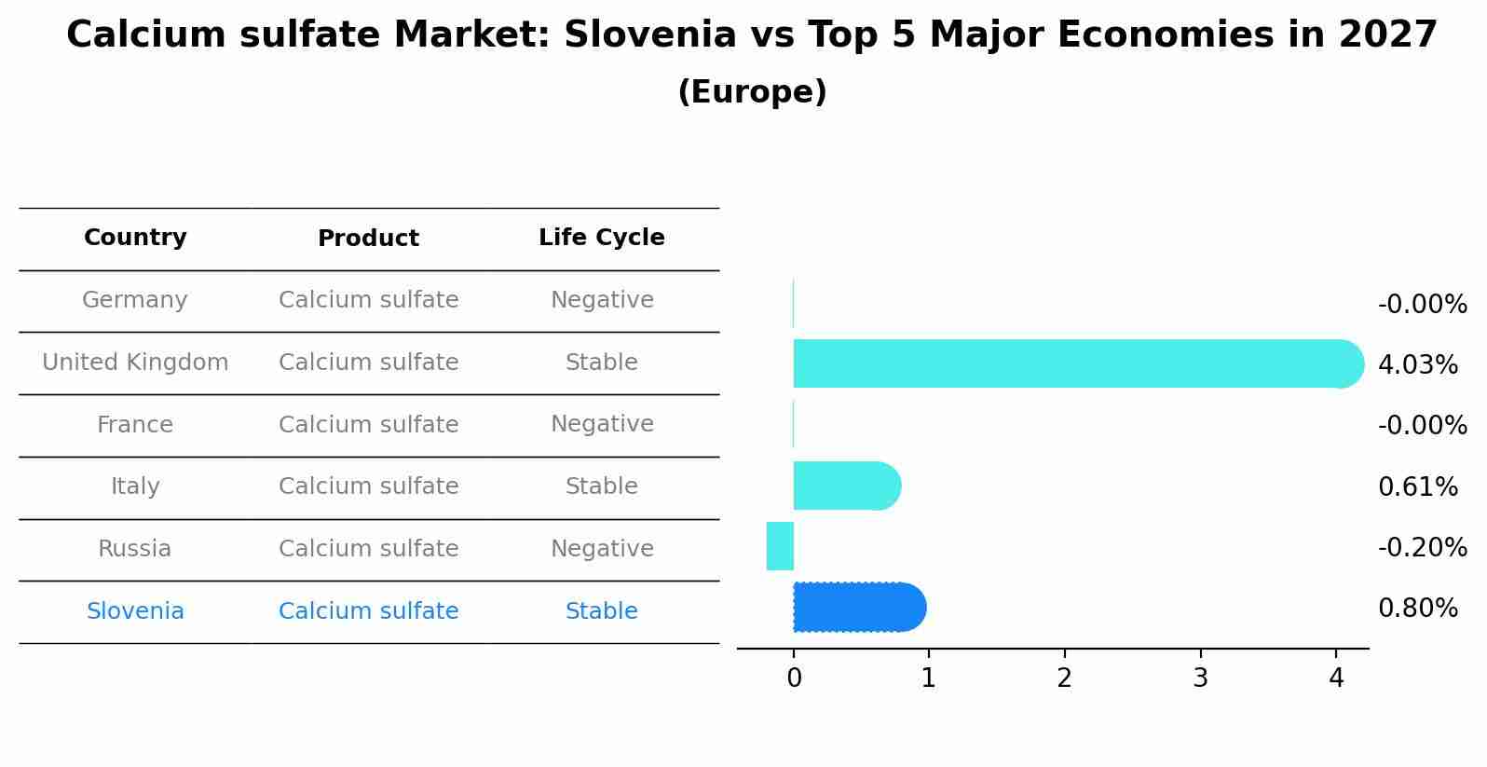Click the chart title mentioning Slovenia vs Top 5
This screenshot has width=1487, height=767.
tap(752, 35)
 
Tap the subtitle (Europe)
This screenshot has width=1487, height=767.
tap(752, 92)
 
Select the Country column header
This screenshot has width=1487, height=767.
tap(135, 238)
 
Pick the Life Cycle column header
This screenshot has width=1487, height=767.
tap(601, 238)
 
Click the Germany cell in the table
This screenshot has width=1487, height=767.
tap(135, 300)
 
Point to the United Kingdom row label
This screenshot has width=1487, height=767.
tap(135, 363)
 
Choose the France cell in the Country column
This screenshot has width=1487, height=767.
tap(135, 425)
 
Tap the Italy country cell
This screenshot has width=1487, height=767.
tap(135, 486)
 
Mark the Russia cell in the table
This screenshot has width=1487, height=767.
tap(135, 549)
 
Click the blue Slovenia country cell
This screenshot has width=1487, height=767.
tap(135, 611)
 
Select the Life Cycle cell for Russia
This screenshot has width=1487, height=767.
tap(601, 549)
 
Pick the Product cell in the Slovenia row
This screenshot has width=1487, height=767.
tap(368, 611)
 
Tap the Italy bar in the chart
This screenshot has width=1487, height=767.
tap(843, 486)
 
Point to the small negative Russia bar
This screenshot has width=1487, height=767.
tap(780, 546)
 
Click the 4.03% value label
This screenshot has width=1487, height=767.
tap(1417, 365)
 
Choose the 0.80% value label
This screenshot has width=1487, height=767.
tap(1417, 609)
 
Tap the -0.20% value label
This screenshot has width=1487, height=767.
tap(1422, 548)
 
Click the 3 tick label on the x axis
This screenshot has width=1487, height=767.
tap(1200, 678)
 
